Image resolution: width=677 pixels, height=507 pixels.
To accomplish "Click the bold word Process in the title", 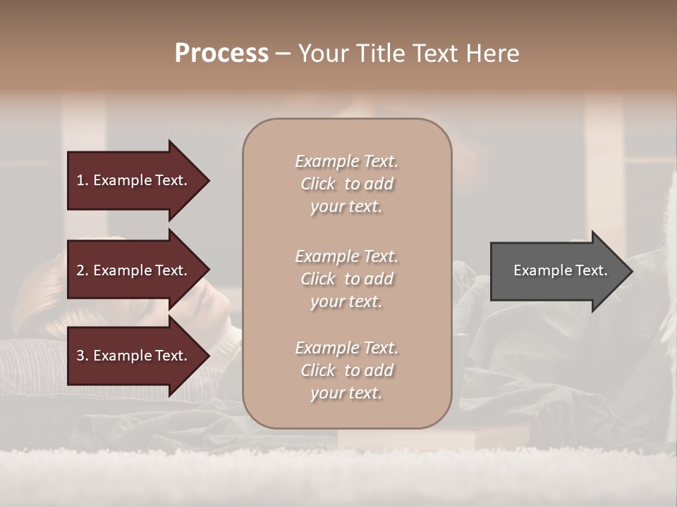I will (x=221, y=54).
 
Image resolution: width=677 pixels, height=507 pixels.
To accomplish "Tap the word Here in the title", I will (x=491, y=54).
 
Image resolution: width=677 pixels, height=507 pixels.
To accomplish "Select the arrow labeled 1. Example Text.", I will (x=134, y=180).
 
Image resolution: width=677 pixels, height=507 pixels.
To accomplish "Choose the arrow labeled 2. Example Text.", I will (x=134, y=270).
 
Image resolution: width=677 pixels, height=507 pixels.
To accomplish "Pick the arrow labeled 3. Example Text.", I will (x=134, y=356).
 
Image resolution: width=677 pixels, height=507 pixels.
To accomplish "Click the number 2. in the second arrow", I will (x=83, y=270).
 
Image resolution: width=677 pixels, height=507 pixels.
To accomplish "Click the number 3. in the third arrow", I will (x=83, y=356).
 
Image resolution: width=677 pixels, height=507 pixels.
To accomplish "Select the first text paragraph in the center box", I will (x=346, y=184).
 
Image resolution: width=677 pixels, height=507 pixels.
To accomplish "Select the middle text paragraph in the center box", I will (x=346, y=279).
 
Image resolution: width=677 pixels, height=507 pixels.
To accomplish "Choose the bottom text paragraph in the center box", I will (x=346, y=370).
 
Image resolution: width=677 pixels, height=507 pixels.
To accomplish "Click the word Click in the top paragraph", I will (x=318, y=184).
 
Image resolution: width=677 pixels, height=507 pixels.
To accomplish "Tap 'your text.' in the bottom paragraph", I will (x=346, y=393).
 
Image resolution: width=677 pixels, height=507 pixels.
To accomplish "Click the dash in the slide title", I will (x=283, y=54).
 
